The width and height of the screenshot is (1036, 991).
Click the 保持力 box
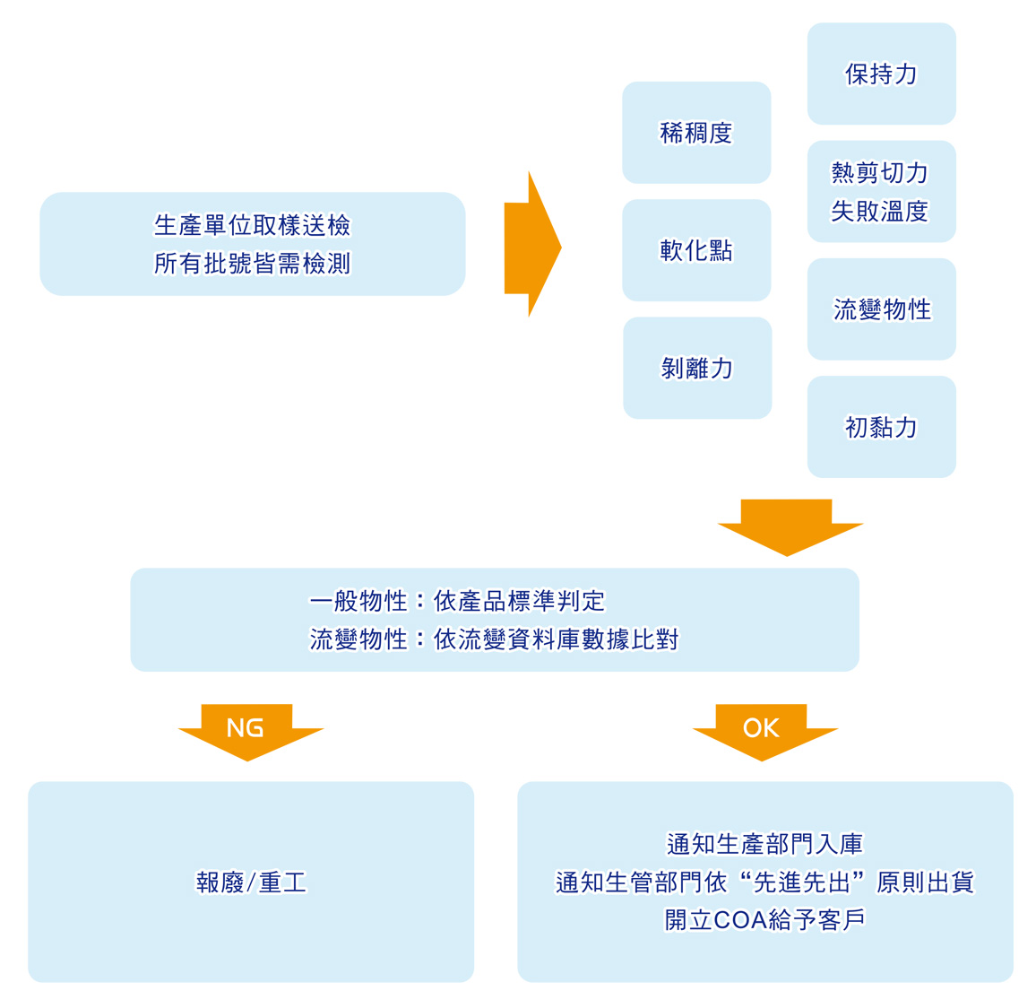tap(881, 74)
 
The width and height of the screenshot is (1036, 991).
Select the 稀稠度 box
tap(696, 133)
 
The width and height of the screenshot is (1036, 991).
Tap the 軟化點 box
tap(696, 250)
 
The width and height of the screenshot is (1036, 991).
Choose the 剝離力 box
tap(697, 368)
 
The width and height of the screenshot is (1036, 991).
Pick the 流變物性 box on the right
tap(882, 309)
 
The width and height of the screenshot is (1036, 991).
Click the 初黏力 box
tap(882, 427)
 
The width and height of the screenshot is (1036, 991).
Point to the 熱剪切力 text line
tap(880, 172)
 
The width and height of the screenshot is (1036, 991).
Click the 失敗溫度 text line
tap(880, 212)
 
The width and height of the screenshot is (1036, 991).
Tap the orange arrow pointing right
tap(532, 244)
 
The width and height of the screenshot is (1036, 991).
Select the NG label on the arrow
tap(246, 727)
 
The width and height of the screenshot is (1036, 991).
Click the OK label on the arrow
tap(762, 727)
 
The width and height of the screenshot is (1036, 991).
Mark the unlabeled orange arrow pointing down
tap(789, 527)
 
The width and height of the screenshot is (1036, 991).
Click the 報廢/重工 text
tap(251, 882)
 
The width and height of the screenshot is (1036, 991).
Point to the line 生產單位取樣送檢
tap(253, 224)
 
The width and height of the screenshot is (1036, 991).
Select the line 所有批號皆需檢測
tap(253, 264)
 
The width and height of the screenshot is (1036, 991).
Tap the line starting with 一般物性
tap(457, 600)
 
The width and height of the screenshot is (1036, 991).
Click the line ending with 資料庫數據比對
tap(494, 639)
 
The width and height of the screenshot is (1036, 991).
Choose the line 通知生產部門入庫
tap(764, 844)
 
